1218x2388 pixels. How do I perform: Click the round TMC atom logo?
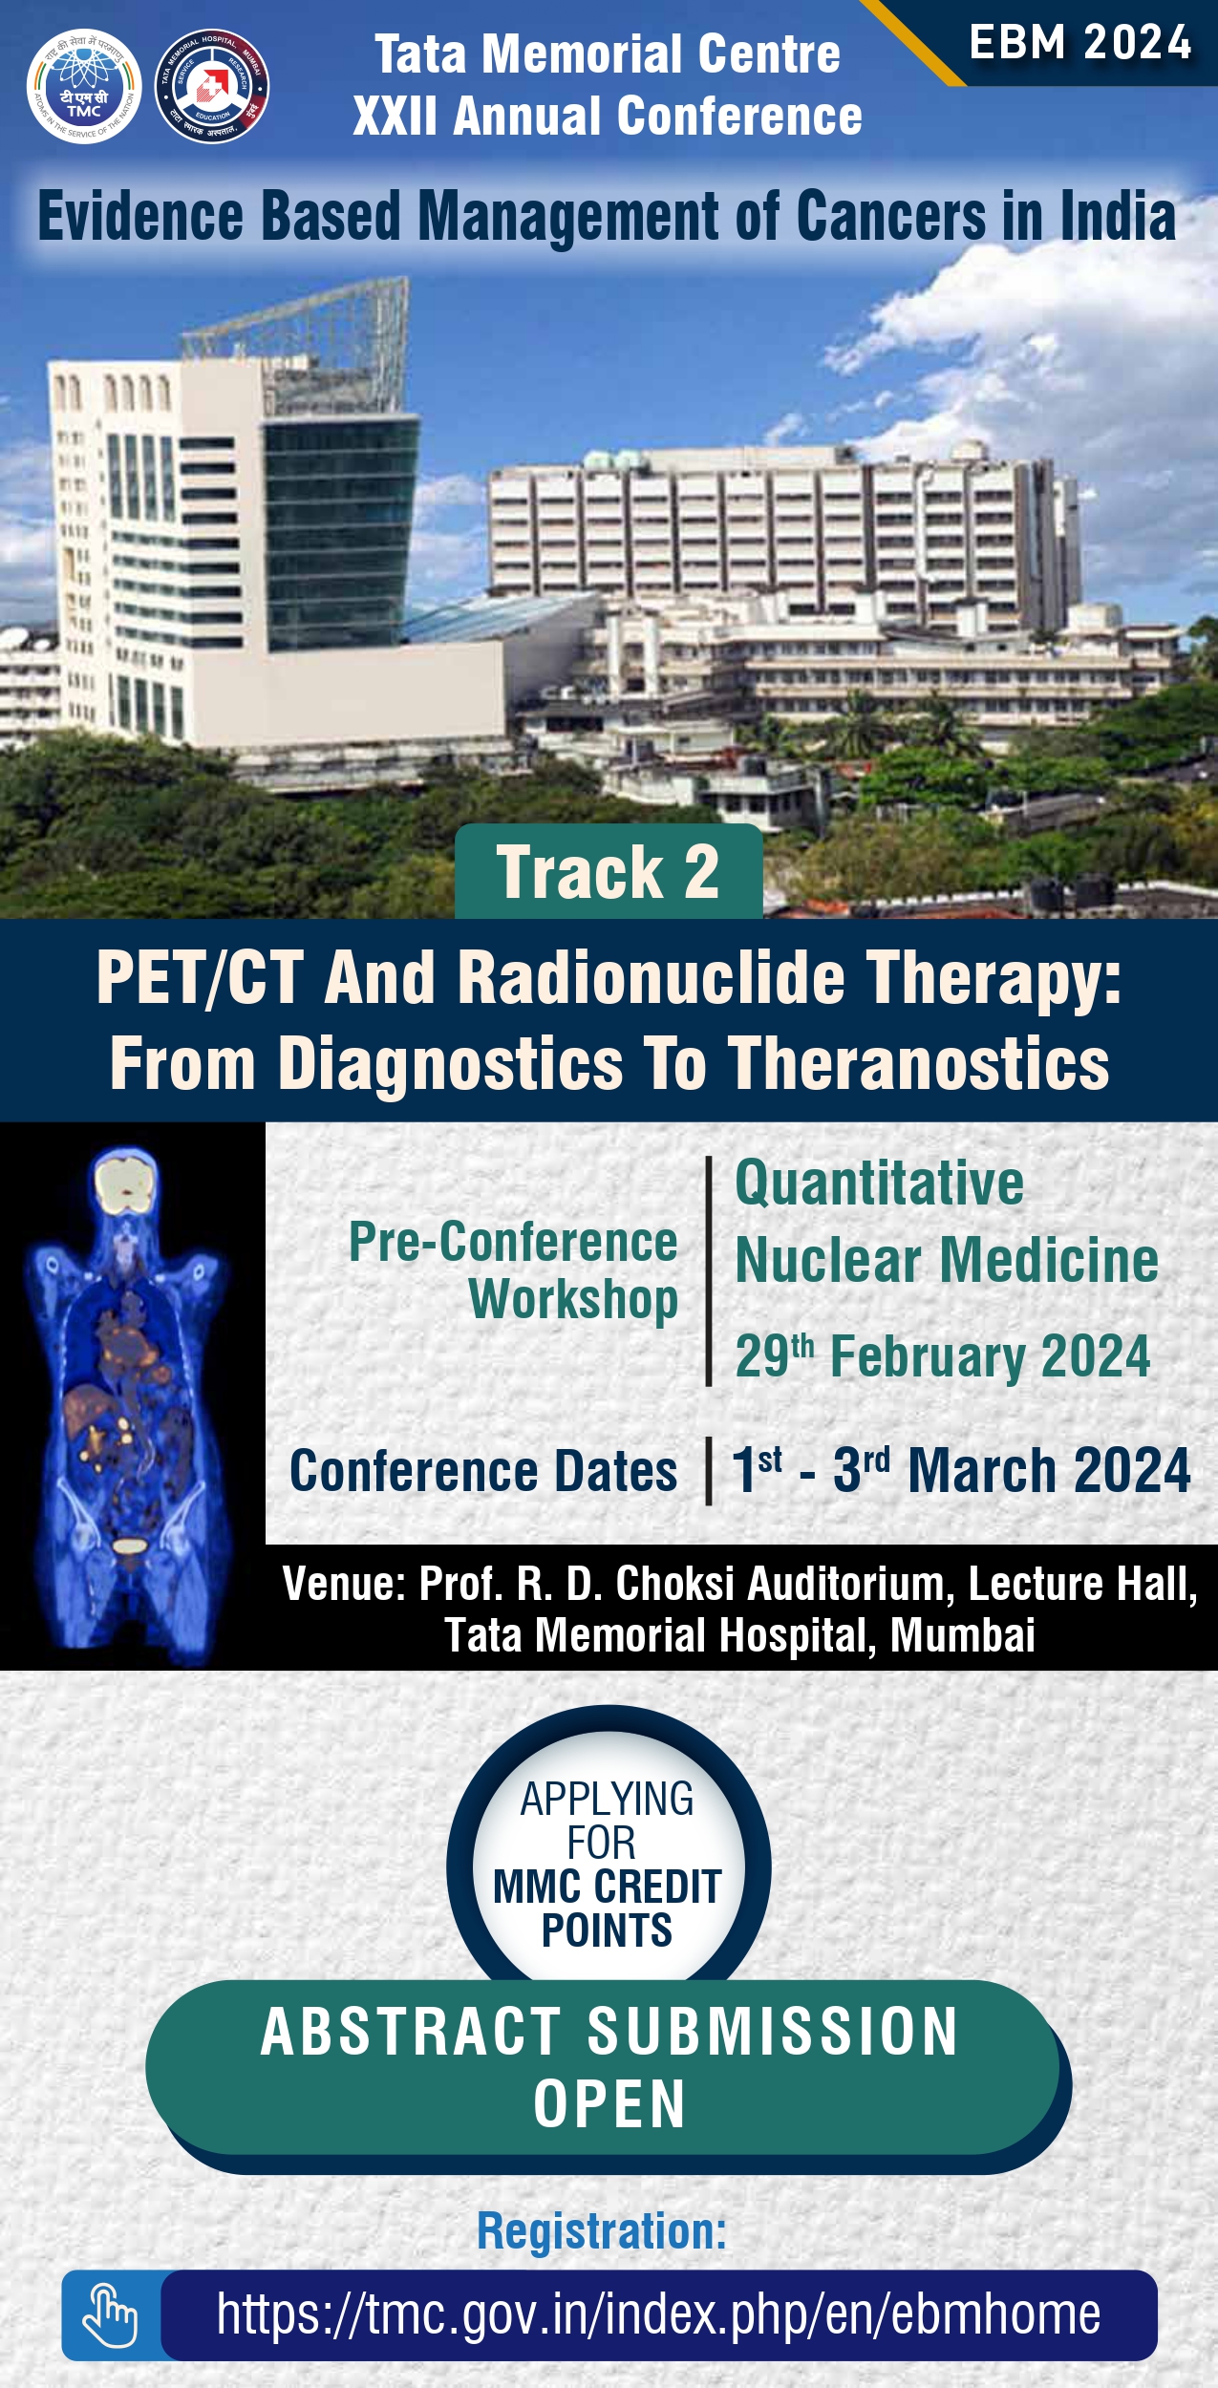pyautogui.click(x=84, y=86)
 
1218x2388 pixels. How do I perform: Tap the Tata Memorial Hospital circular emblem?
pyautogui.click(x=211, y=86)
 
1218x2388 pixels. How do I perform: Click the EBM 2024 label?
pyautogui.click(x=1080, y=43)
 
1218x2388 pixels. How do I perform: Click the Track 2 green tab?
pyautogui.click(x=609, y=871)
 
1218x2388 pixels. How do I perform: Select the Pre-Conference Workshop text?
pyautogui.click(x=513, y=1269)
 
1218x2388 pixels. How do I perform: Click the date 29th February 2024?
pyautogui.click(x=943, y=1355)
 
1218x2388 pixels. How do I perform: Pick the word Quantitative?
pyautogui.click(x=879, y=1183)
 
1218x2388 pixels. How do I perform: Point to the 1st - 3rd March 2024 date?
pyautogui.click(x=961, y=1469)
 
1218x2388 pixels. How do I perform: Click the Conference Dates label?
pyautogui.click(x=483, y=1470)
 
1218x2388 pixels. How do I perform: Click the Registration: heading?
pyautogui.click(x=602, y=2231)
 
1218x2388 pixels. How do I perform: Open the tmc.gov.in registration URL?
pyautogui.click(x=658, y=2314)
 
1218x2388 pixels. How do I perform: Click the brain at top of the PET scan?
pyautogui.click(x=126, y=1183)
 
